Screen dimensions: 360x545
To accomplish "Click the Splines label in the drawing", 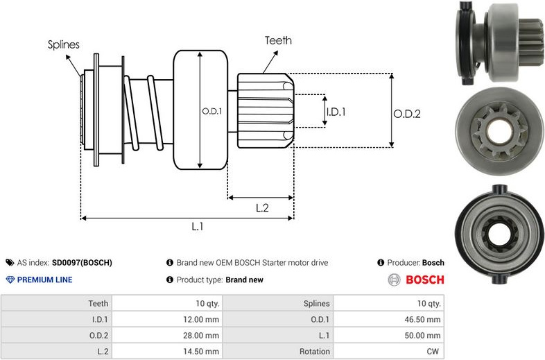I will tap(63, 45).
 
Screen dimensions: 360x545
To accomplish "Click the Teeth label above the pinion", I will tap(278, 41).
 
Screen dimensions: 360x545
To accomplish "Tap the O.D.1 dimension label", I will tap(211, 110).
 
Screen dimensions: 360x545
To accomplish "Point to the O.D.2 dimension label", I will tap(406, 114).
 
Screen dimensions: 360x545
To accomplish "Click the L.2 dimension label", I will tap(262, 207).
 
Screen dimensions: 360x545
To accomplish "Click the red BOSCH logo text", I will tap(424, 280).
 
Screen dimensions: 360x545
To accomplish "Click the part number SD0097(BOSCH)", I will tap(82, 263).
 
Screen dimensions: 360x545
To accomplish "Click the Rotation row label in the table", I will tap(315, 351).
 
